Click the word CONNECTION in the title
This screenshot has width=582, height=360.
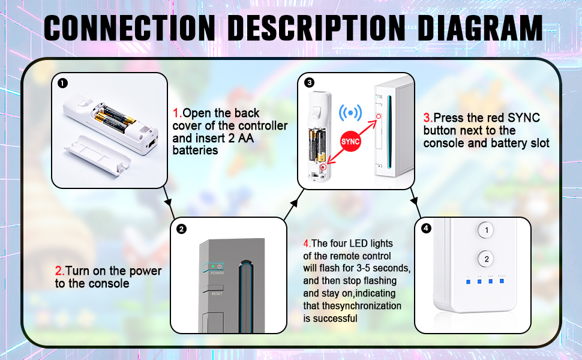[130, 28]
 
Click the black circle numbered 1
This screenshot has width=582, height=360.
[63, 83]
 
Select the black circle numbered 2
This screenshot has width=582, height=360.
[182, 229]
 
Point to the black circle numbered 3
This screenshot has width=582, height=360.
[309, 82]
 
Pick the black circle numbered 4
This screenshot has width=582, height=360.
[426, 228]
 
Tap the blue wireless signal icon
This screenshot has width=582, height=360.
[351, 113]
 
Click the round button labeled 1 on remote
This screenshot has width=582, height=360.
[487, 230]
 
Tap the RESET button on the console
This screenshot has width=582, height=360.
[217, 293]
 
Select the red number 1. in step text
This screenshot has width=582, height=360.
[177, 113]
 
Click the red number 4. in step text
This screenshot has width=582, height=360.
[307, 244]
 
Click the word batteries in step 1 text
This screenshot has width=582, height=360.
[195, 151]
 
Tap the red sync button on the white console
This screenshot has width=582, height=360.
[379, 116]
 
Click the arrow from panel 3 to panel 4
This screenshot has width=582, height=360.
[414, 201]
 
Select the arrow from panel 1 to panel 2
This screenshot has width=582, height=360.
[168, 201]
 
